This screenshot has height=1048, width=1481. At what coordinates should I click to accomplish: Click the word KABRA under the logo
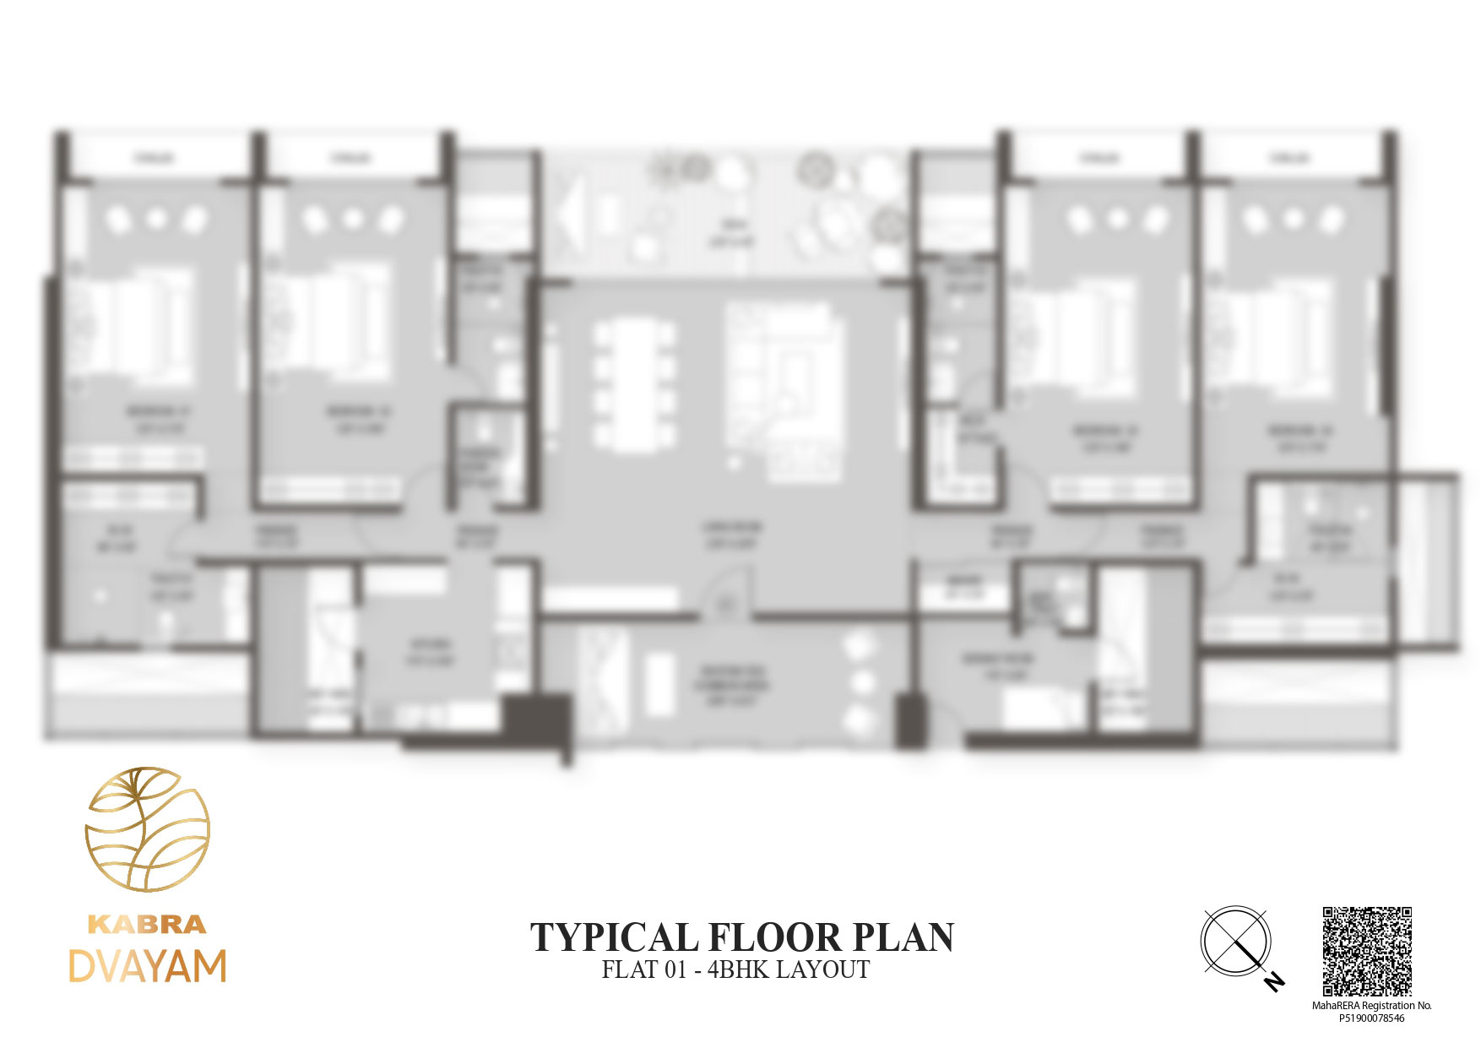(x=147, y=924)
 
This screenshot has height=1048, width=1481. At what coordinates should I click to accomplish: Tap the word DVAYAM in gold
(x=147, y=966)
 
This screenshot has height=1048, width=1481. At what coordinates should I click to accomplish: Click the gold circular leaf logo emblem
(x=147, y=828)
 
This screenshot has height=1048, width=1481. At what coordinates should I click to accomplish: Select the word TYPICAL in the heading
(x=612, y=938)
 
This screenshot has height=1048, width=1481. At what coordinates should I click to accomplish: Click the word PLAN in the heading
(x=903, y=938)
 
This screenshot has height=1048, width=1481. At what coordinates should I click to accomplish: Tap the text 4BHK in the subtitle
(x=738, y=969)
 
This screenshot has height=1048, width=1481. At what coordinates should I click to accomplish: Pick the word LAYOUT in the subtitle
(x=822, y=969)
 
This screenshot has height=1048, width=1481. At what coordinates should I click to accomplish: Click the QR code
(x=1367, y=951)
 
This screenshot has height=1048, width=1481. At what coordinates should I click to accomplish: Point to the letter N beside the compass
(x=1275, y=981)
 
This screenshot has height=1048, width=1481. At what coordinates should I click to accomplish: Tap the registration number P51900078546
(x=1371, y=1018)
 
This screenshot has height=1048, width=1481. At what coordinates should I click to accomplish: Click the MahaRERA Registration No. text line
(x=1371, y=1006)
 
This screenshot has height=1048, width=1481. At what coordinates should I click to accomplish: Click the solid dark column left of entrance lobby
(x=537, y=719)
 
